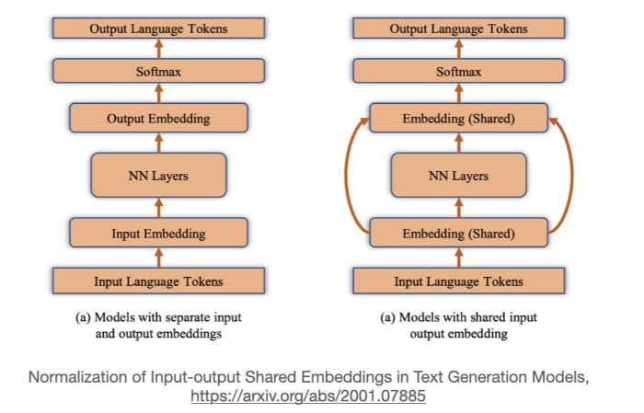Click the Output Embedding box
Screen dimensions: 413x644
tap(158, 118)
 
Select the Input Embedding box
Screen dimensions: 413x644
tap(158, 233)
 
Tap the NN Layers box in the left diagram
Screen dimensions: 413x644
tap(158, 175)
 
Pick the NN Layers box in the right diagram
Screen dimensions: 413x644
tap(458, 175)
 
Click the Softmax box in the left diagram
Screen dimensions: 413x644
tap(158, 71)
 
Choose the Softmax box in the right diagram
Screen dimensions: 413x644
tap(458, 71)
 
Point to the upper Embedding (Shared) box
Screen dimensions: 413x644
tap(458, 118)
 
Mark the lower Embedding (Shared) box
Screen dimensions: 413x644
tap(458, 233)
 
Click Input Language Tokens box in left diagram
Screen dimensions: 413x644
tap(158, 281)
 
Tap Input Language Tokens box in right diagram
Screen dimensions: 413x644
tap(458, 281)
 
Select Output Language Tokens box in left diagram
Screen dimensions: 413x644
tap(158, 29)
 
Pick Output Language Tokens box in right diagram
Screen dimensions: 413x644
tap(458, 29)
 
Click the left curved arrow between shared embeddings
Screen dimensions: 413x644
tap(347, 175)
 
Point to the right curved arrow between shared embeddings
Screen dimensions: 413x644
tap(570, 175)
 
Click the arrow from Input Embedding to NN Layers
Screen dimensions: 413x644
tap(158, 208)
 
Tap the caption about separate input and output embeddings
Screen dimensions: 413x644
tap(158, 325)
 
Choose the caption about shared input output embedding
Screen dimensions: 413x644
tap(458, 325)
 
